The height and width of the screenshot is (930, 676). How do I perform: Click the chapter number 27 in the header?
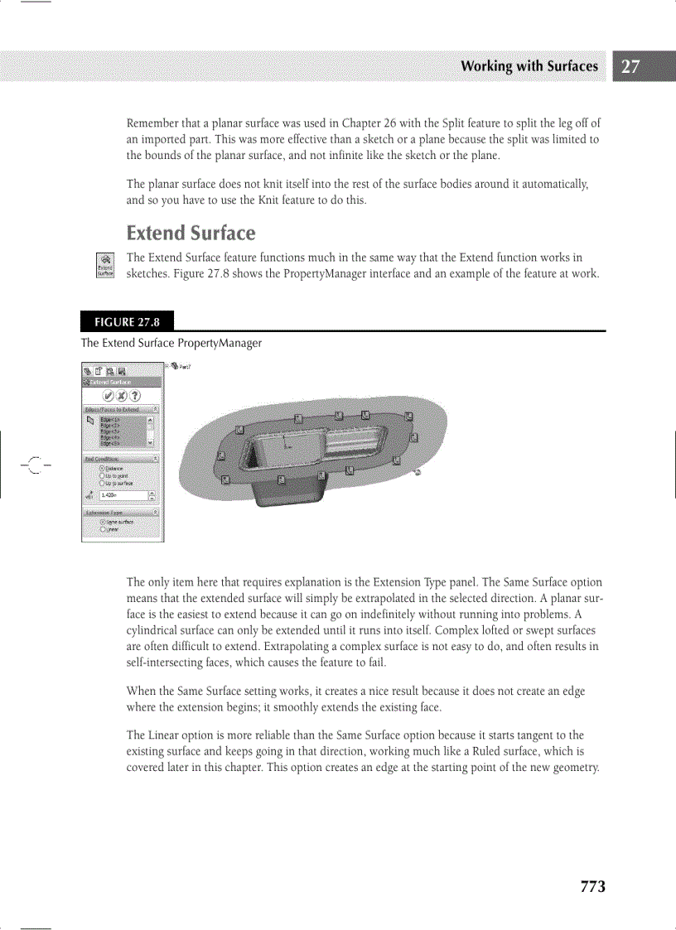630,67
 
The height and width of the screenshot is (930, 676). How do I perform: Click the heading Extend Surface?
191,233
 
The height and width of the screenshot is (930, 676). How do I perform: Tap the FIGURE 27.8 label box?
128,320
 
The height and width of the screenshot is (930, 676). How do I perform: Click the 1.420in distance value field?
123,496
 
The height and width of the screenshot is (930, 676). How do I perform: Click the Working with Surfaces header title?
529,67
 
